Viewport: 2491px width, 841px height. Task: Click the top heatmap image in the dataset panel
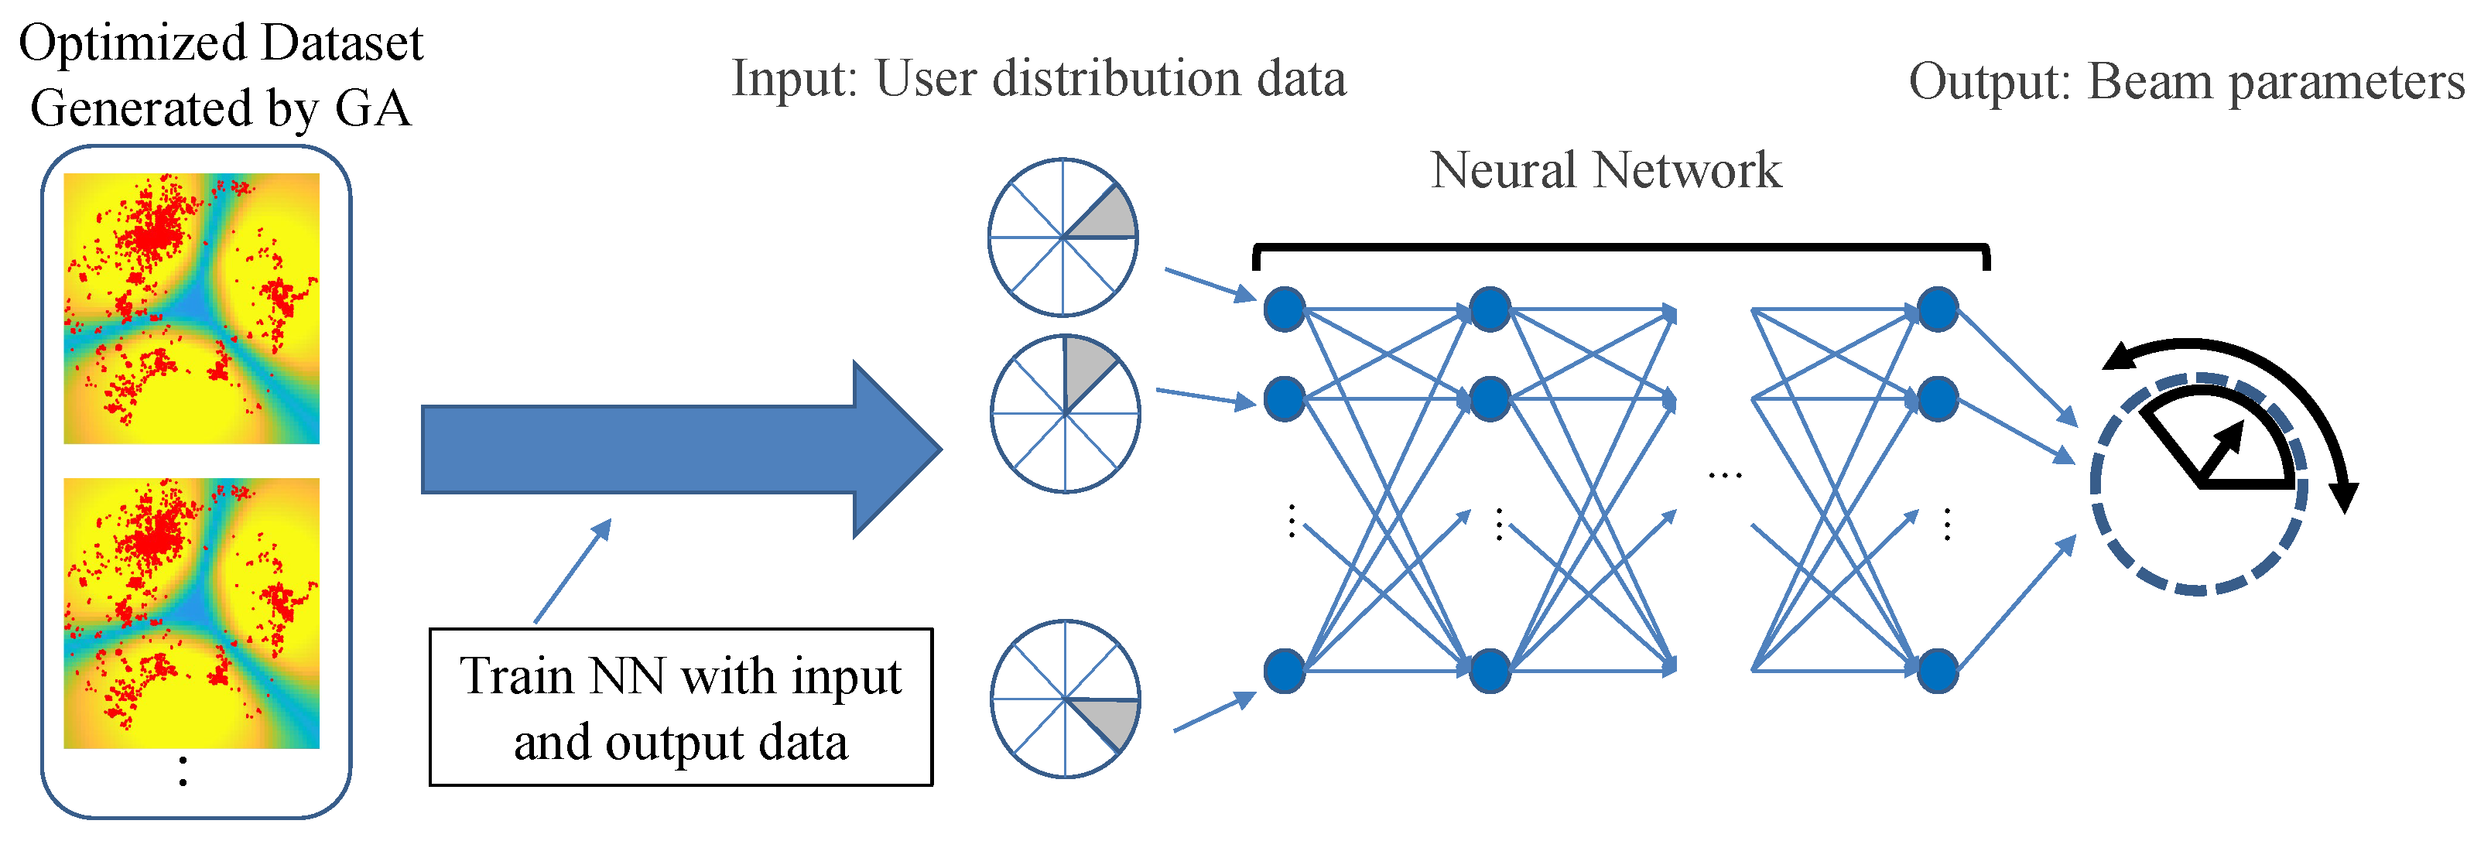pyautogui.click(x=191, y=309)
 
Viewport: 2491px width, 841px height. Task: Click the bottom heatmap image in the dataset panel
pyautogui.click(x=191, y=613)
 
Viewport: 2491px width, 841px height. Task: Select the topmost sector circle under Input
pyautogui.click(x=1062, y=237)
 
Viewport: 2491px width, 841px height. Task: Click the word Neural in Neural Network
pyautogui.click(x=1504, y=171)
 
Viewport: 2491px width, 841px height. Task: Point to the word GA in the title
pyautogui.click(x=372, y=108)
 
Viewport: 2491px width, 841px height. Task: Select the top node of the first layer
pyautogui.click(x=1284, y=310)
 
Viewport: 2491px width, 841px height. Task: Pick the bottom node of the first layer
pyautogui.click(x=1284, y=670)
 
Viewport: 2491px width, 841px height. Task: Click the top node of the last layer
pyautogui.click(x=1938, y=310)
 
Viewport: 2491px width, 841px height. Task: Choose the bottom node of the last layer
pyautogui.click(x=1938, y=670)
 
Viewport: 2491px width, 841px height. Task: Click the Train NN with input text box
pyautogui.click(x=681, y=708)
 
